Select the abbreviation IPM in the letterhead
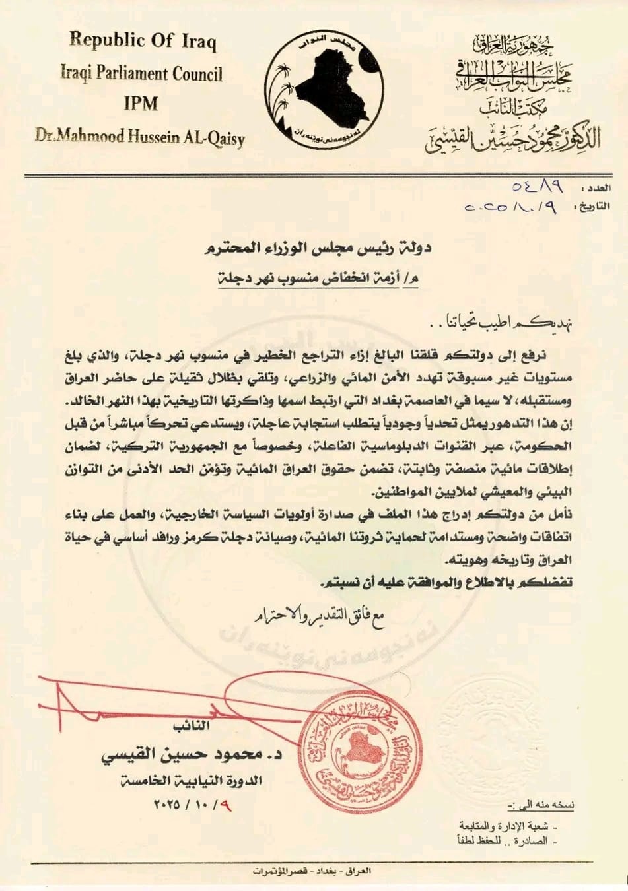pyautogui.click(x=141, y=104)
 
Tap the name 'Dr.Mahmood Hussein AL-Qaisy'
pyautogui.click(x=140, y=138)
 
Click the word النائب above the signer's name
pyautogui.click(x=192, y=726)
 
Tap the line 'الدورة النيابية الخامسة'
pyautogui.click(x=192, y=781)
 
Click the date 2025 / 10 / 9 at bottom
pyautogui.click(x=191, y=805)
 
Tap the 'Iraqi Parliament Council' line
pyautogui.click(x=141, y=73)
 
